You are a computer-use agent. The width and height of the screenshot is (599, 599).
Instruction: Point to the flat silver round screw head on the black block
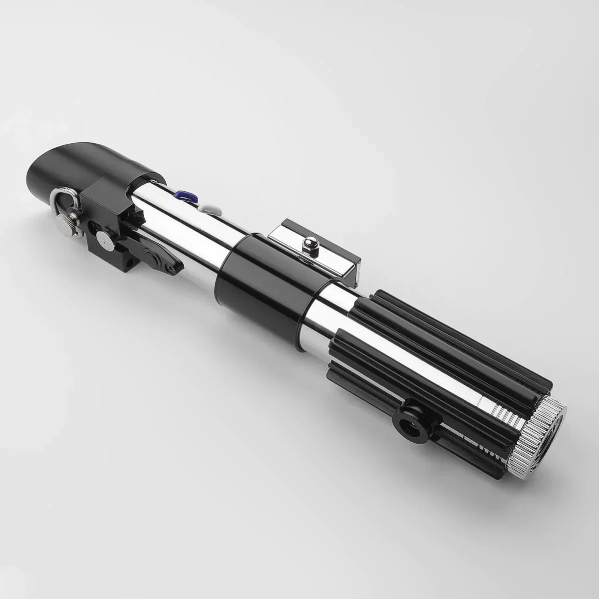(x=104, y=240)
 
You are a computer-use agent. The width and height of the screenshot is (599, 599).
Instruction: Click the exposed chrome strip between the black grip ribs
(x=424, y=364)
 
